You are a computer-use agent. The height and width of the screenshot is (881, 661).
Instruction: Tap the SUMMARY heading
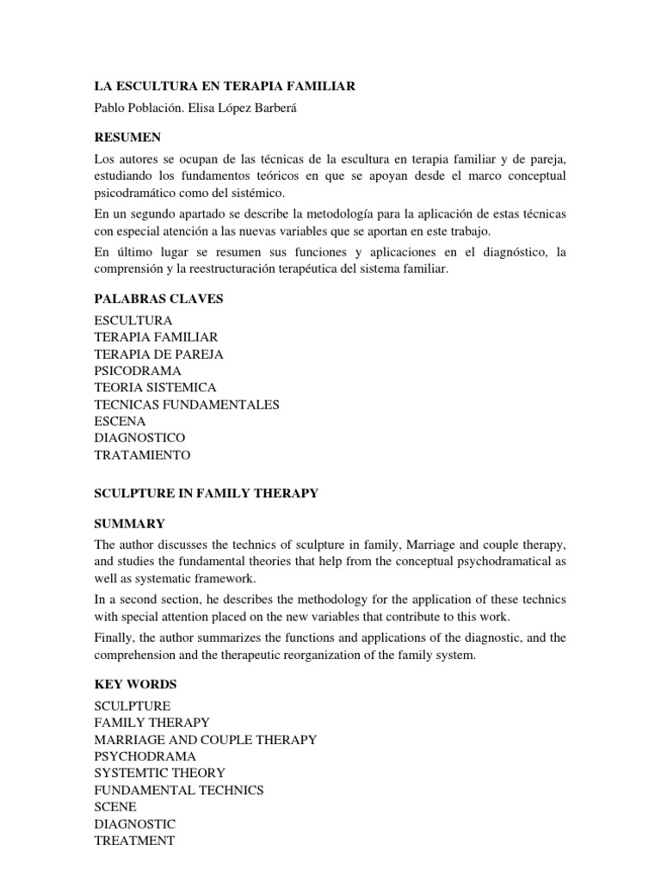[x=129, y=523]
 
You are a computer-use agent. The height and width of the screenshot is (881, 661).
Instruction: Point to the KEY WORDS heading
[x=136, y=684]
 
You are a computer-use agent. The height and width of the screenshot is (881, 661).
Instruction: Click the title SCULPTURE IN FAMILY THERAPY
[x=207, y=493]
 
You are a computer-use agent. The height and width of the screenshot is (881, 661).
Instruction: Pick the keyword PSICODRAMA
[x=138, y=371]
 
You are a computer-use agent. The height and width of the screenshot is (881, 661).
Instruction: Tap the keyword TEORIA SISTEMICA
[x=156, y=387]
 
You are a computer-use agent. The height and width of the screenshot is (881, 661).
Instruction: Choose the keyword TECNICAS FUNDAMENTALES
[x=187, y=404]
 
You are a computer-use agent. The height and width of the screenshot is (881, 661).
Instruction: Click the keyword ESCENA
[x=120, y=422]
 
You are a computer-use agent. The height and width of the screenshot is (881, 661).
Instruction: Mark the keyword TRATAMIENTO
[x=143, y=455]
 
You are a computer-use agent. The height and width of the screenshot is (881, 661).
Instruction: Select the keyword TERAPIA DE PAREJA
[x=159, y=354]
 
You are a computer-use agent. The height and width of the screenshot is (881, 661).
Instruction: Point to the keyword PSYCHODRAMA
[x=145, y=756]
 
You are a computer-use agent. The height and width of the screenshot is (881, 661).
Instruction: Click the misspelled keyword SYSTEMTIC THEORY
[x=160, y=773]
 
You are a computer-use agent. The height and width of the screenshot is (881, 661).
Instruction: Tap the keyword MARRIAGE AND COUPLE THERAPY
[x=206, y=739]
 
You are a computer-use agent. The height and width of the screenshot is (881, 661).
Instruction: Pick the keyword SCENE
[x=115, y=806]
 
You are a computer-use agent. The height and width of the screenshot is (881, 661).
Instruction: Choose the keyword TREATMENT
[x=135, y=841]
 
